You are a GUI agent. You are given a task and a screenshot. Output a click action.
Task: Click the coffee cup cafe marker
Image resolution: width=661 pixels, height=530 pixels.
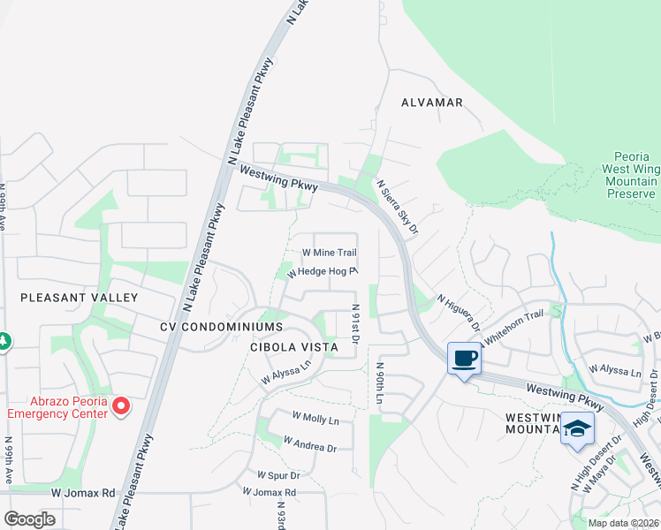(x=464, y=359)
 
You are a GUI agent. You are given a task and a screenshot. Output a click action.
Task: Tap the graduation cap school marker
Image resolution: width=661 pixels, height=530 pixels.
(x=577, y=428)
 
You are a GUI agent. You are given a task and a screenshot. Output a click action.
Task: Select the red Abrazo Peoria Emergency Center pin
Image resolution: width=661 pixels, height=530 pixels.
(x=120, y=405)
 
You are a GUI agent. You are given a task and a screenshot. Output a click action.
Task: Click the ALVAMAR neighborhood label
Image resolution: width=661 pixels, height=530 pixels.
(x=432, y=102)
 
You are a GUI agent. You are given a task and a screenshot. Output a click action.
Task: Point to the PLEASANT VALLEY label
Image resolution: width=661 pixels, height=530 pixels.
(x=80, y=298)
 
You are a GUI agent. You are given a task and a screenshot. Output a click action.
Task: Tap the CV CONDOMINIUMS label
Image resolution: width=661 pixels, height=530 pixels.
(x=209, y=327)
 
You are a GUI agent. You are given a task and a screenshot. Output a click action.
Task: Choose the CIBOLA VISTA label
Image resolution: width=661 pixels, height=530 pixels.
(x=293, y=347)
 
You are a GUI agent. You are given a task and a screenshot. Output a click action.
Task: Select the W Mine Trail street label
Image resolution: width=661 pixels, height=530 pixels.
(x=330, y=253)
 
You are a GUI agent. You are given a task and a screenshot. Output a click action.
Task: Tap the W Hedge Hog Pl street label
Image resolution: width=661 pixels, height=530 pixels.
(x=321, y=272)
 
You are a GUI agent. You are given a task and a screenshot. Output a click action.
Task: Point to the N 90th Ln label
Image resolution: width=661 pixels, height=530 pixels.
(x=378, y=382)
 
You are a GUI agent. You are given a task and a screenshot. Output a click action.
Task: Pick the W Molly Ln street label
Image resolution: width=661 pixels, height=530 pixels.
(x=315, y=418)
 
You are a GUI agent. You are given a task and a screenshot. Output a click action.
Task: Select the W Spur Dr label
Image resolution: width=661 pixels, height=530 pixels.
(x=279, y=474)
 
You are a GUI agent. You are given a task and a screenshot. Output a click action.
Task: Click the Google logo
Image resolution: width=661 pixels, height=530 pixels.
(x=29, y=519)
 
